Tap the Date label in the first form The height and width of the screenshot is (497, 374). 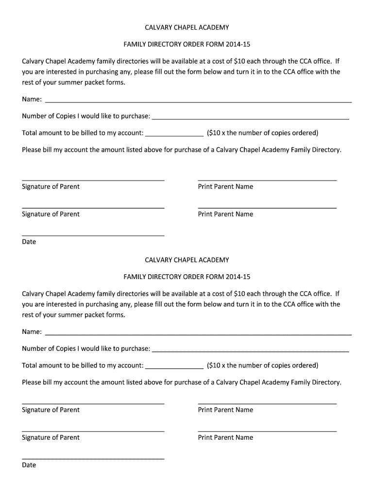[29, 242]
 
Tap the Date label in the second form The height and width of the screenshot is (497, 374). [29, 465]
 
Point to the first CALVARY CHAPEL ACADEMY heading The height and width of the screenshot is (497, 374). [187, 28]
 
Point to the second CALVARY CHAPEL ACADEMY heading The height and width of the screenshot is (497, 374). [187, 260]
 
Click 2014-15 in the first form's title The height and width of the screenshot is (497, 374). [238, 45]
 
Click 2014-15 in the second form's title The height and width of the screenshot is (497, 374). [238, 277]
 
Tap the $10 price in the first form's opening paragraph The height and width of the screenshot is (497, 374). [239, 62]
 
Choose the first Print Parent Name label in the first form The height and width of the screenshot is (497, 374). [225, 186]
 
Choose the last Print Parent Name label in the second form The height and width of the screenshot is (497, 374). [225, 437]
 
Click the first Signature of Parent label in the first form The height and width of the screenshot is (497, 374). [51, 186]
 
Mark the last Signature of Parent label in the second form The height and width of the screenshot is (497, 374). [51, 437]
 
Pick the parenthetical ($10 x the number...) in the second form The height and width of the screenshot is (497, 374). [262, 365]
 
